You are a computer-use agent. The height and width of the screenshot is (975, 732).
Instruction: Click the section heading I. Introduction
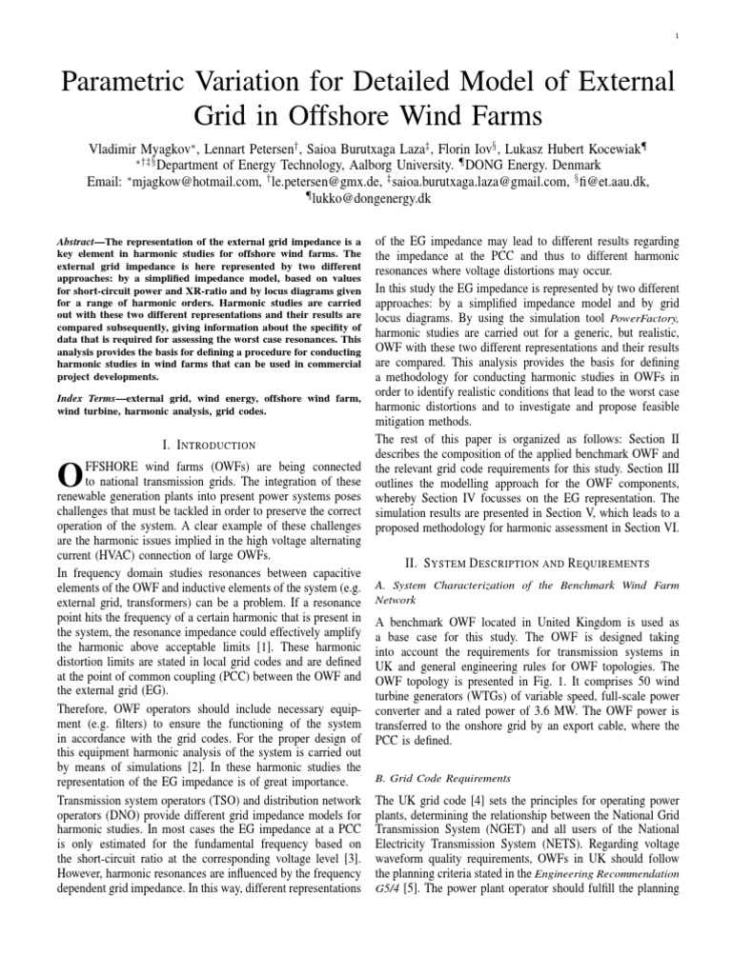tap(205, 444)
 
